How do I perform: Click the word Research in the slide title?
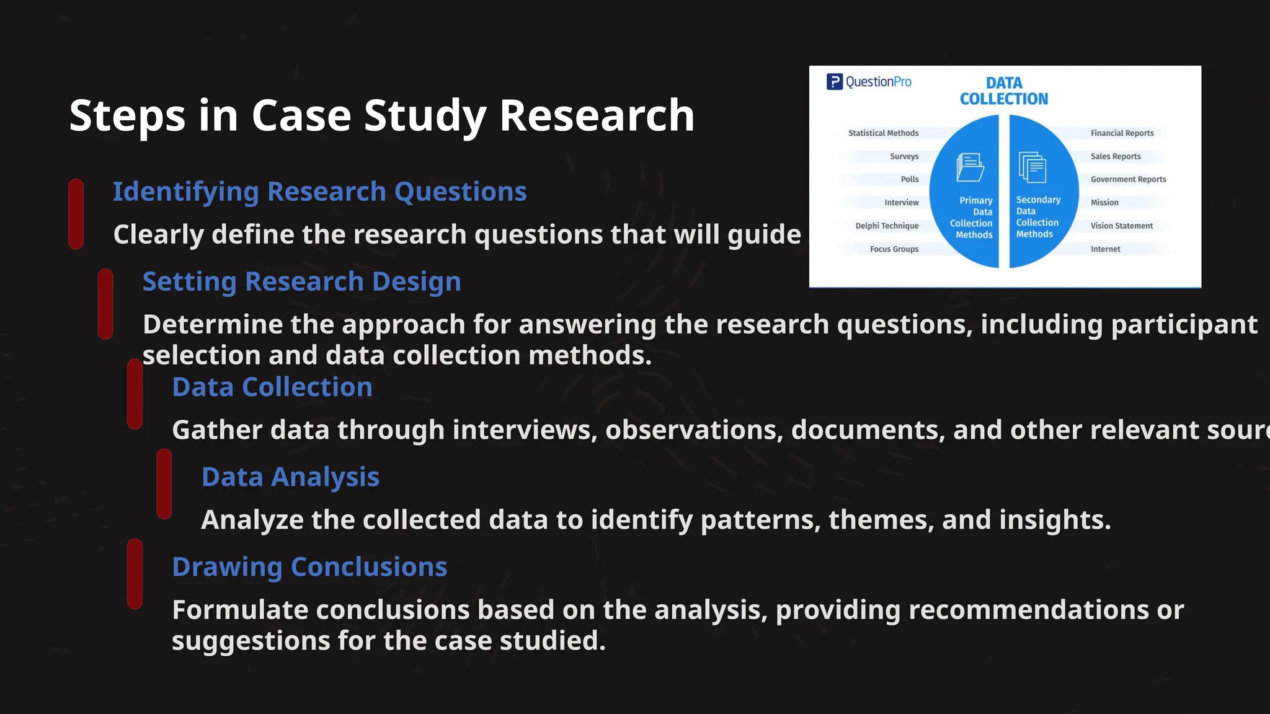[596, 116]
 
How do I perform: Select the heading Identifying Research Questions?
[319, 192]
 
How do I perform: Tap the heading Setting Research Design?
[301, 281]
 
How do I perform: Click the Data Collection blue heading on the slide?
[272, 387]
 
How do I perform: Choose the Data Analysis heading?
[290, 477]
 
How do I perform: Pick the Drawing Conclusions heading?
[309, 567]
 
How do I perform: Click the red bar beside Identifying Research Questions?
[76, 214]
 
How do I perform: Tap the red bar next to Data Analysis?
[164, 483]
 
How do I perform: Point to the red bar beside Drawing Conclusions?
[135, 573]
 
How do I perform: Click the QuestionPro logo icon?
[835, 82]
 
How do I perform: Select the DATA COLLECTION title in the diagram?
[1003, 91]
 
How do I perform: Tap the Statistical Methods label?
[883, 133]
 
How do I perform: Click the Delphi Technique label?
[887, 226]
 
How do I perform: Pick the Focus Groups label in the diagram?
[894, 249]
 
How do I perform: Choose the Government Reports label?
[1128, 180]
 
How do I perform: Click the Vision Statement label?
[1121, 226]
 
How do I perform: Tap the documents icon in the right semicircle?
[1032, 167]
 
